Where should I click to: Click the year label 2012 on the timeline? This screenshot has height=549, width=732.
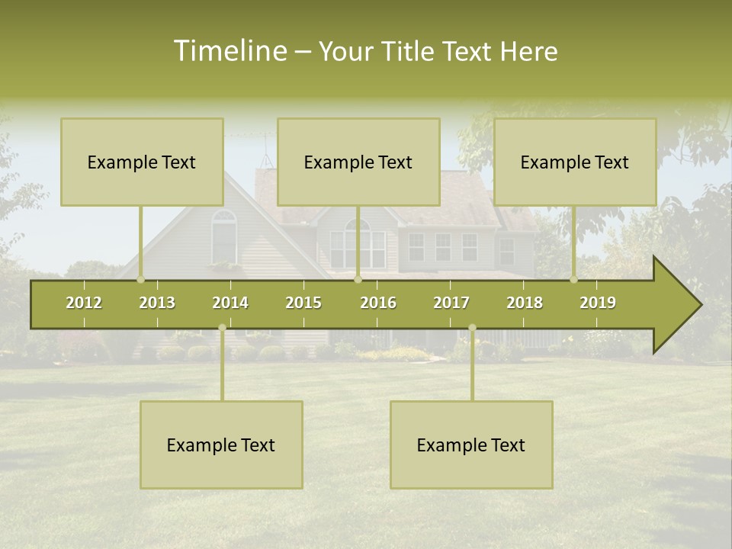(x=84, y=303)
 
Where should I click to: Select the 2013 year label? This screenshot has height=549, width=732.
(x=157, y=303)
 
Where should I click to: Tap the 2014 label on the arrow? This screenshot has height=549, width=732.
(x=230, y=303)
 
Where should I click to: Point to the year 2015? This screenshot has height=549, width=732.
(x=303, y=303)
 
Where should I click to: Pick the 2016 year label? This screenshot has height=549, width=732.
(x=378, y=303)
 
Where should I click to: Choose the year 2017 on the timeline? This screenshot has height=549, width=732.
(x=451, y=303)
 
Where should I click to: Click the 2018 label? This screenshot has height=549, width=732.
(x=525, y=303)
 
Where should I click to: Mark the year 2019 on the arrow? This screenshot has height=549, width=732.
(x=598, y=303)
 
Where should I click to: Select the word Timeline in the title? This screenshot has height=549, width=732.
(x=230, y=51)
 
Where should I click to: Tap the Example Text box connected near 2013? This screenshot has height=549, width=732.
(x=142, y=162)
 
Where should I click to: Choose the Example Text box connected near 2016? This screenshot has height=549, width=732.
(x=358, y=162)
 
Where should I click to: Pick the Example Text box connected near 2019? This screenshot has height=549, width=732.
(x=575, y=162)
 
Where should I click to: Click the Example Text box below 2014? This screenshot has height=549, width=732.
(x=221, y=445)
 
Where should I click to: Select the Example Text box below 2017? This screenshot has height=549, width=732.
(x=471, y=445)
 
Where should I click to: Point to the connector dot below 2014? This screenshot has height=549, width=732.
(x=222, y=327)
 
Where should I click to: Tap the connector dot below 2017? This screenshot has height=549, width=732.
(x=472, y=327)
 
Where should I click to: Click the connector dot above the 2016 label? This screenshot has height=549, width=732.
(x=358, y=279)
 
